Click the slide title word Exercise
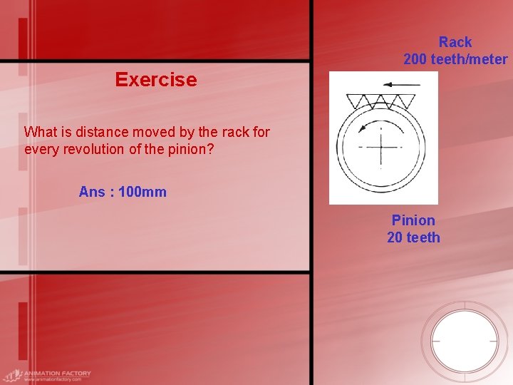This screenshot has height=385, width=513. (155, 80)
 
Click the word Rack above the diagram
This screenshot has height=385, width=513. (455, 43)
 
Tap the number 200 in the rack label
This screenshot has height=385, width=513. (415, 60)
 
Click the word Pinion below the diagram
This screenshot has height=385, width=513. (413, 220)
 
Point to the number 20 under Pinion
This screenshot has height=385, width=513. (395, 237)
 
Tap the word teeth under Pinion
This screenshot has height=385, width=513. (423, 237)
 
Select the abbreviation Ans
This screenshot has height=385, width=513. (92, 192)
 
